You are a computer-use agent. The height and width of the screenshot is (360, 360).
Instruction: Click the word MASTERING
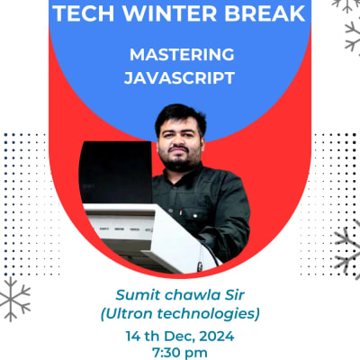point(180,55)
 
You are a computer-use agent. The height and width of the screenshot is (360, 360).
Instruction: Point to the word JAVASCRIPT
point(180,78)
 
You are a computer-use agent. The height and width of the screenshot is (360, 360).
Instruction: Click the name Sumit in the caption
point(138,294)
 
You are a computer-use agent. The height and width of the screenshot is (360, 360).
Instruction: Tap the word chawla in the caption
point(192,294)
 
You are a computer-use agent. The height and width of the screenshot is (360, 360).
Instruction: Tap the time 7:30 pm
point(180,352)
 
